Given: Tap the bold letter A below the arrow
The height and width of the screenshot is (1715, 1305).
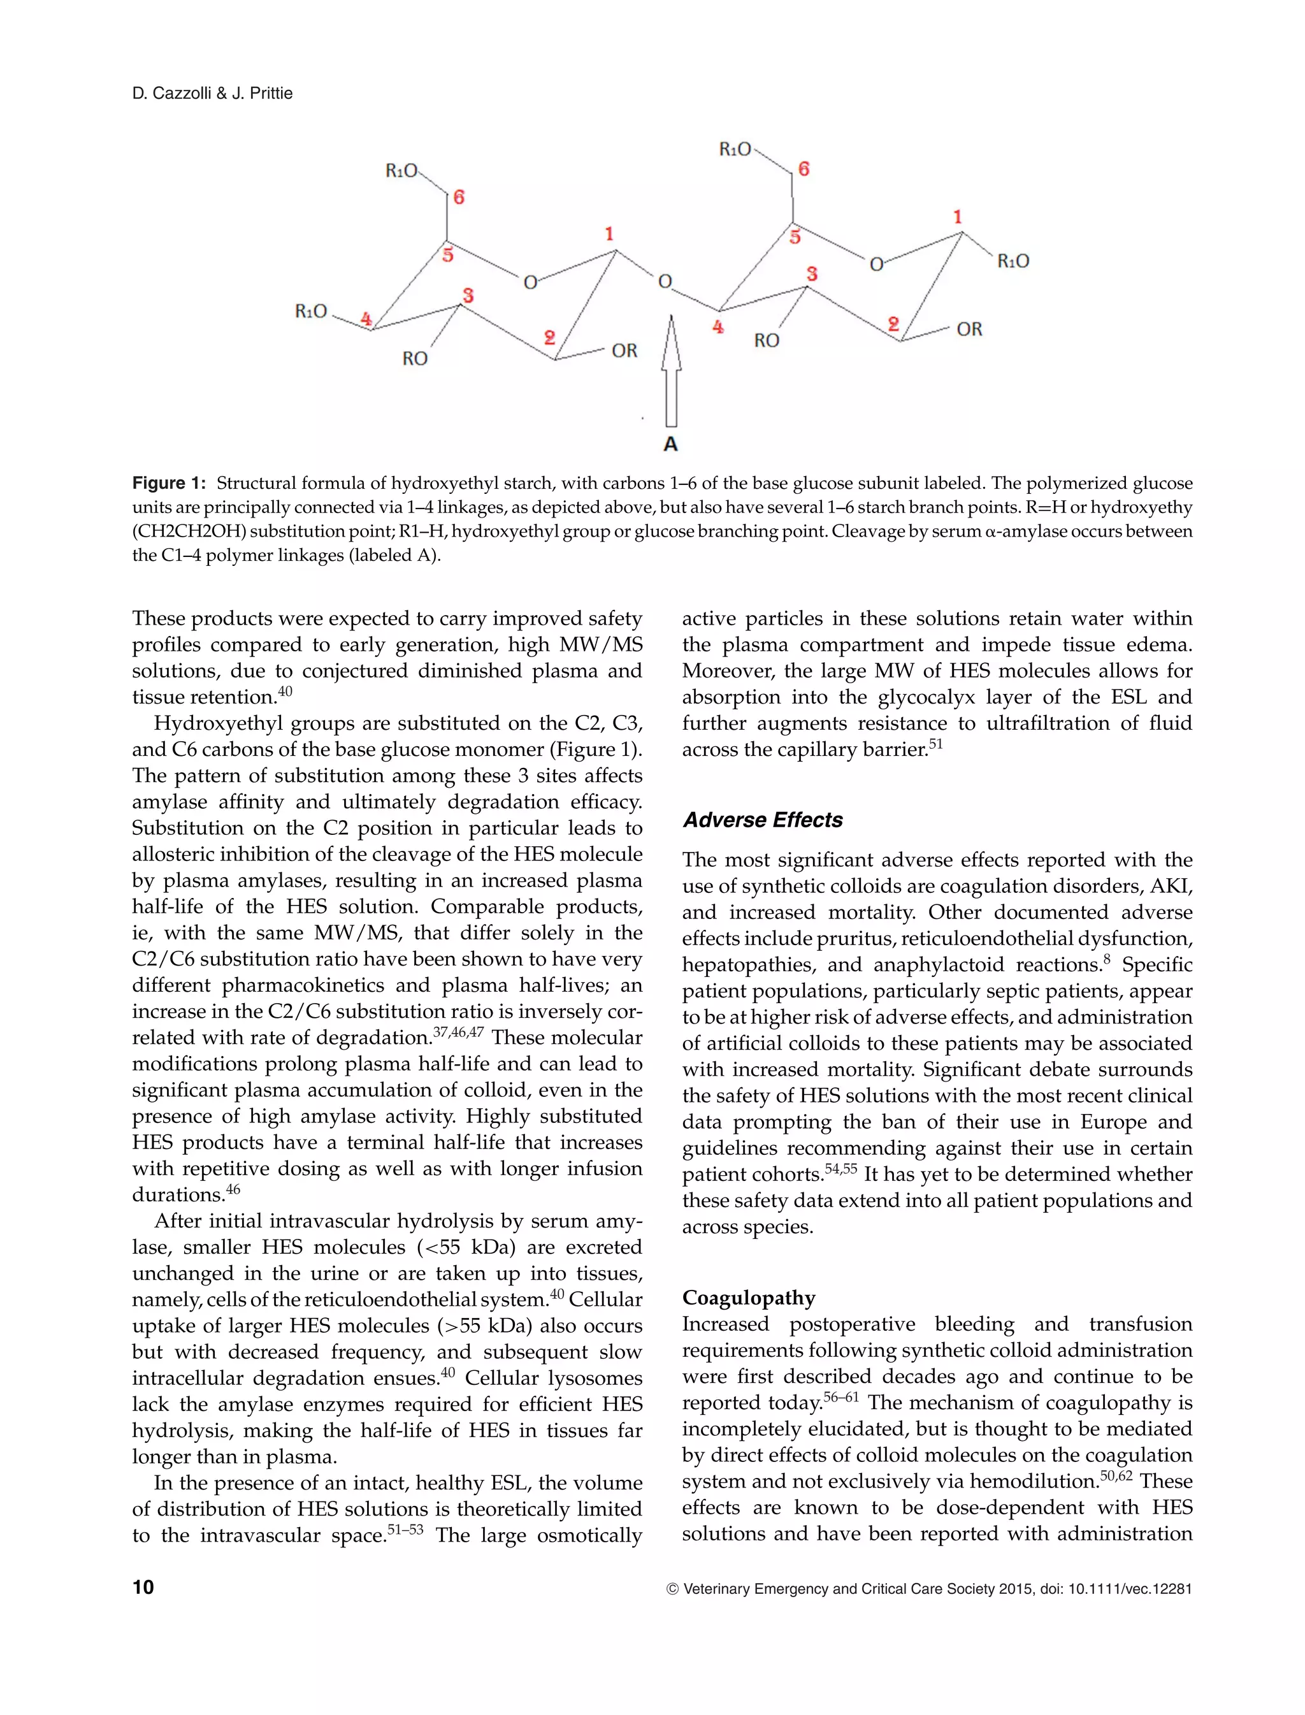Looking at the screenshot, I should [671, 444].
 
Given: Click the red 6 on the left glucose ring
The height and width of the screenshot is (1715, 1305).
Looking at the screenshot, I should [459, 198].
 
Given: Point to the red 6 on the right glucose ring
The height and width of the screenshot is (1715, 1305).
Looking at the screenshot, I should [804, 168].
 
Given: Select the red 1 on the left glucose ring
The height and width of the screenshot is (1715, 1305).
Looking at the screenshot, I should [609, 233].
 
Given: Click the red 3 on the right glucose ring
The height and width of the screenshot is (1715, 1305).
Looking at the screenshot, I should [812, 273].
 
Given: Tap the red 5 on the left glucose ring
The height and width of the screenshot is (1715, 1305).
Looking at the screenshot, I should [447, 254].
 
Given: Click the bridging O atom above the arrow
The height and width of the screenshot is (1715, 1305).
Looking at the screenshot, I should [665, 281].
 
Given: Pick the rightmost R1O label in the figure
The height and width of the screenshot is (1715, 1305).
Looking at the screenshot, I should [1013, 261].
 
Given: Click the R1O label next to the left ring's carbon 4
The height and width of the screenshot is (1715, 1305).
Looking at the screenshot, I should [312, 312].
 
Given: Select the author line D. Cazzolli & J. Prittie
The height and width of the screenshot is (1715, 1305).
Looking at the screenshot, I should [212, 93].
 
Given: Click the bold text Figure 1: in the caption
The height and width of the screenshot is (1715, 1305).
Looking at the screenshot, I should [169, 483].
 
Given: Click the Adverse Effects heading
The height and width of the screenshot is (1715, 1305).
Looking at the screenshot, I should [762, 820].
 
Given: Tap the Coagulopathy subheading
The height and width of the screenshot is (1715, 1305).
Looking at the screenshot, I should [748, 1298].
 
